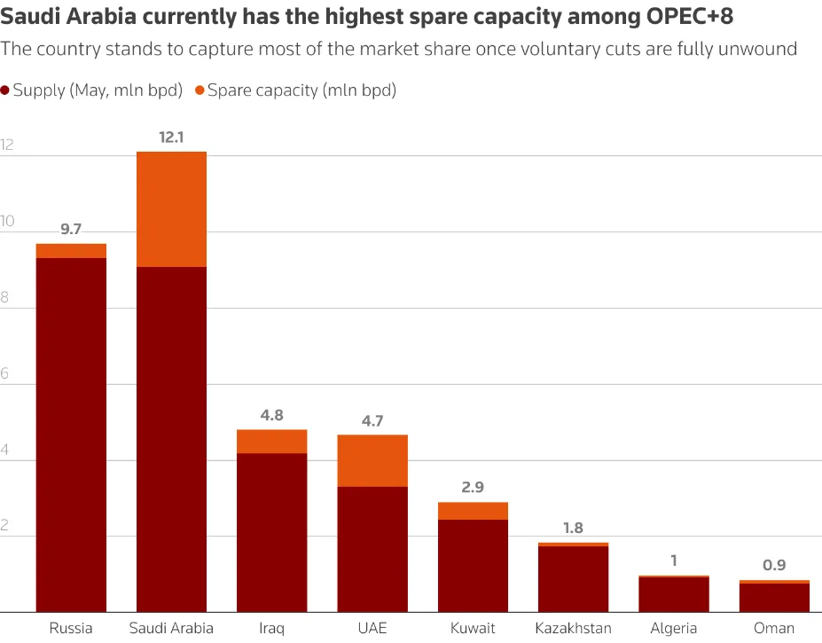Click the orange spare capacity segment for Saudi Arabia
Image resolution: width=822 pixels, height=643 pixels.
pos(171,209)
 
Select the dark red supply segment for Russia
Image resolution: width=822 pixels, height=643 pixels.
pos(71,435)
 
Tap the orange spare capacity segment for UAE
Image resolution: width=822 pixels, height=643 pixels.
pos(372,460)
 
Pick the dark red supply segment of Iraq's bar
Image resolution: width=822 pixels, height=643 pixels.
pos(271,532)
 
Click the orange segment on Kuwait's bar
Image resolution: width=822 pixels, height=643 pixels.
pos(473,511)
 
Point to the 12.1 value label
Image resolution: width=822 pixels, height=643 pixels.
pos(171,137)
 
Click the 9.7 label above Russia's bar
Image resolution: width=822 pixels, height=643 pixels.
pos(71,230)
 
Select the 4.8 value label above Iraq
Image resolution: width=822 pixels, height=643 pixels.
pos(271,415)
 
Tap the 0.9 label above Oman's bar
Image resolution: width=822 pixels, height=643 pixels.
pos(774,565)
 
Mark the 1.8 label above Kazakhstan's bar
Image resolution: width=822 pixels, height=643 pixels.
pos(573,529)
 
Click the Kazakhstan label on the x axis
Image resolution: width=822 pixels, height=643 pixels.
pos(573,629)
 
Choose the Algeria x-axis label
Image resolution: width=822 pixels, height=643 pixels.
pos(674,629)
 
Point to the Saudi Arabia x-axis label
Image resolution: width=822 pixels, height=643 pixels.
pos(171,629)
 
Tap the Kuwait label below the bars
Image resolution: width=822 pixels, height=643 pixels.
pos(473,629)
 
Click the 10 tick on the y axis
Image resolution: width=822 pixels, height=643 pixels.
pos(9,222)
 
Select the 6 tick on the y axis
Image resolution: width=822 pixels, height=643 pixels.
pos(5,374)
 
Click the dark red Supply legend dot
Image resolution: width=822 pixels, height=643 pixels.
pos(5,90)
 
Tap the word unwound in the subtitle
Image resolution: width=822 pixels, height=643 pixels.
pos(762,49)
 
